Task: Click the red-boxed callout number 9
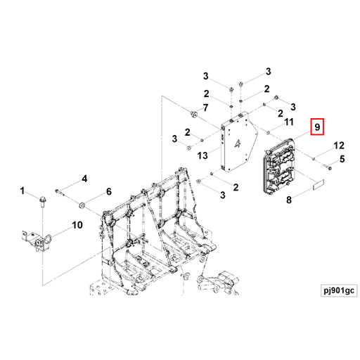317,127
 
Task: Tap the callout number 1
22,191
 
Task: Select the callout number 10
77,225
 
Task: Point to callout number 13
202,155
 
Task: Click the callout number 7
205,108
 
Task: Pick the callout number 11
289,122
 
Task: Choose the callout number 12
339,146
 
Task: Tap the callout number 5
342,159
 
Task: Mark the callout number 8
289,200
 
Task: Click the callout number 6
109,191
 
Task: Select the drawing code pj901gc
339,290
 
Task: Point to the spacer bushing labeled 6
82,206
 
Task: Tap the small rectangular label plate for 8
319,184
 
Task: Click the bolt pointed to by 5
328,167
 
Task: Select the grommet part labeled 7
194,115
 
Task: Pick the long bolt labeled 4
60,192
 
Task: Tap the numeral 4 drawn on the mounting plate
238,143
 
